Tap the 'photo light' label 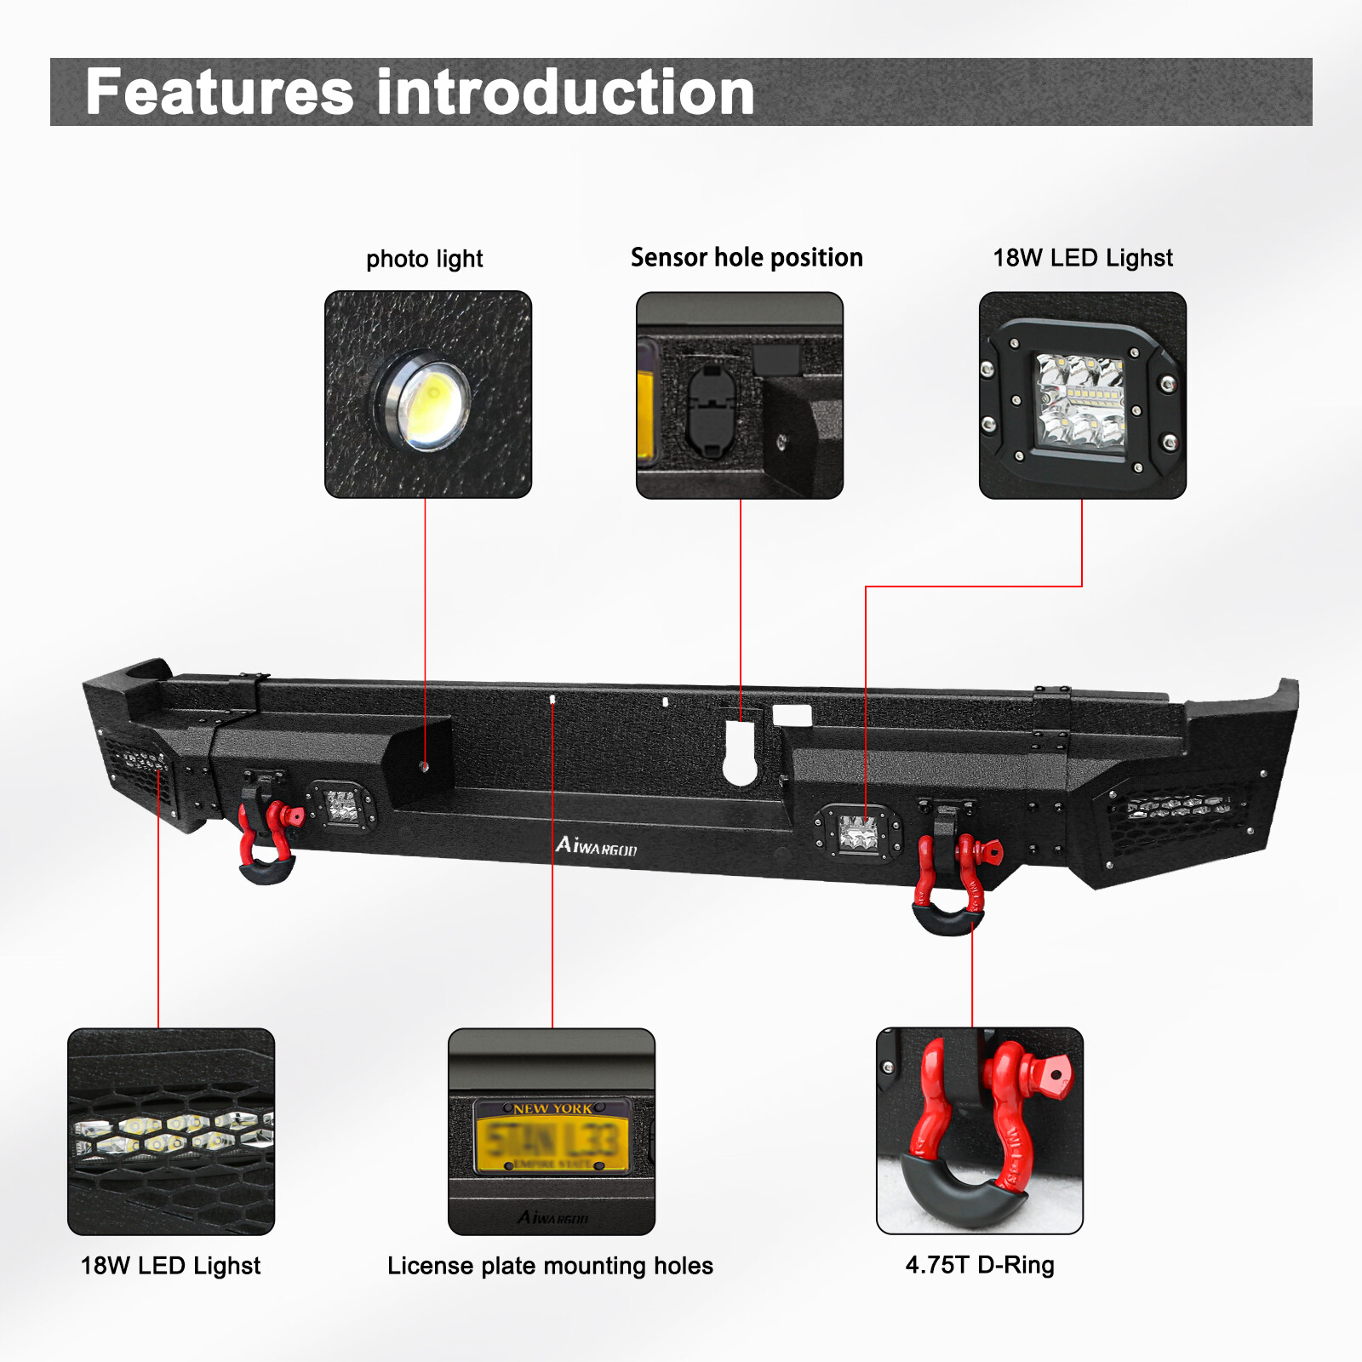(424, 259)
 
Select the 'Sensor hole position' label (747, 257)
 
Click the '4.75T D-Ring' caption (980, 1265)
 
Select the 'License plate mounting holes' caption (550, 1266)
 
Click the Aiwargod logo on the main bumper (596, 846)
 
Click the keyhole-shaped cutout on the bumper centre (740, 756)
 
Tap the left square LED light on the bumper (342, 805)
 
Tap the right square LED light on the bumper (858, 833)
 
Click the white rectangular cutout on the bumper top (792, 716)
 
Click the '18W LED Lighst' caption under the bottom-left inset (170, 1266)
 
